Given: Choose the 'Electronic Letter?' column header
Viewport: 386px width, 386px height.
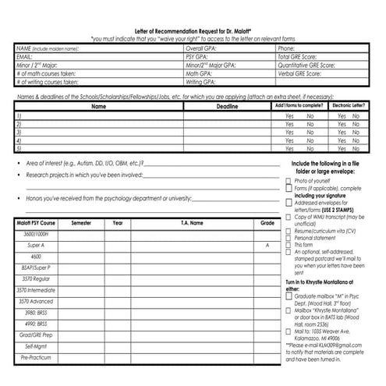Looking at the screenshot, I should [x=346, y=104].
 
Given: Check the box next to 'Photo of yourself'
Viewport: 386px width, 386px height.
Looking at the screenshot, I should [x=288, y=180].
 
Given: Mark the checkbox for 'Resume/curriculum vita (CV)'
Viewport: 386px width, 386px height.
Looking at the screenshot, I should [x=288, y=232].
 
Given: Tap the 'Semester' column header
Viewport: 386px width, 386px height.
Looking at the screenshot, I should [x=81, y=223].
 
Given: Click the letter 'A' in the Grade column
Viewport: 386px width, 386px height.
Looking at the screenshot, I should [x=267, y=245].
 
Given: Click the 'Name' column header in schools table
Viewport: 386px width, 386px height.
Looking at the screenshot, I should [x=98, y=105].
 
